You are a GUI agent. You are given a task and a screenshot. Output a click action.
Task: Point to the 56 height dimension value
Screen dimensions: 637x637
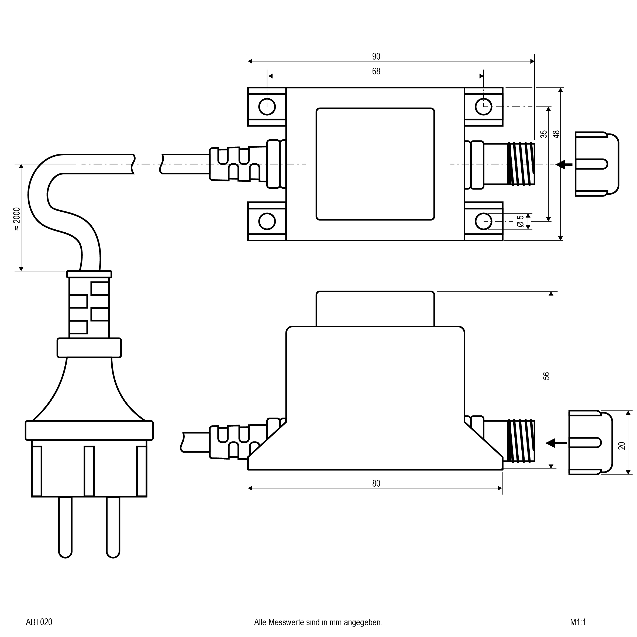[x=546, y=376]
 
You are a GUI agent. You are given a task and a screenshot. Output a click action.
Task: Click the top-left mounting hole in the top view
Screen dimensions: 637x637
[x=267, y=106]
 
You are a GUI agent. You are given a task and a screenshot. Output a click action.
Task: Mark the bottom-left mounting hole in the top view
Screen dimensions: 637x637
[x=267, y=221]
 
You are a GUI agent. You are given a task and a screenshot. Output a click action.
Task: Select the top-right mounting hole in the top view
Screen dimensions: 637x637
[x=483, y=106]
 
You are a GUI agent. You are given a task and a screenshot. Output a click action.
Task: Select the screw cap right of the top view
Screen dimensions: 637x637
[x=596, y=164]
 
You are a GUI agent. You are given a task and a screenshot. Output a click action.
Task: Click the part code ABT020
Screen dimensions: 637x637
[x=39, y=622]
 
